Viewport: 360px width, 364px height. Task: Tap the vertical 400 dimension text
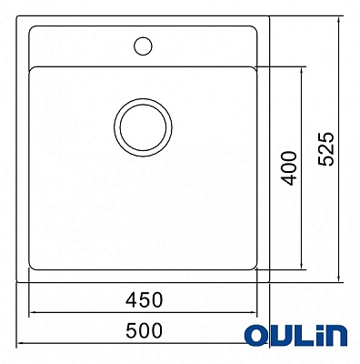click(288, 167)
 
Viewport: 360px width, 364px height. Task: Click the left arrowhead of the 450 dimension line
click(35, 312)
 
